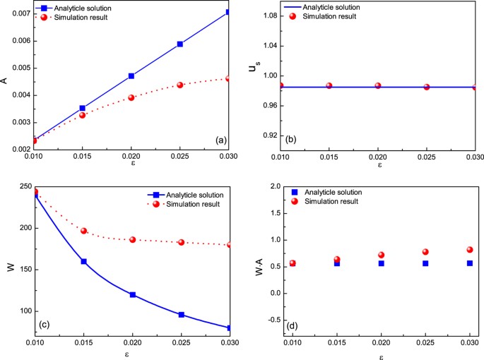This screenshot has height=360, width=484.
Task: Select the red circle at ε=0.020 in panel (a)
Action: point(131,97)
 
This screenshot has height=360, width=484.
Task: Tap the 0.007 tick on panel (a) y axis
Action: point(20,13)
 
